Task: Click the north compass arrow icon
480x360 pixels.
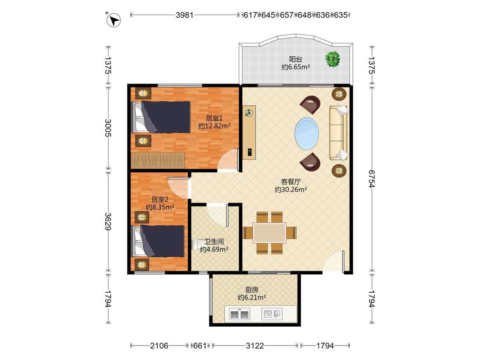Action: (x=113, y=20)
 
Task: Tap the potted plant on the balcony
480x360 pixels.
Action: (x=332, y=59)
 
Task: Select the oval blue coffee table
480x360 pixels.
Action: (x=307, y=134)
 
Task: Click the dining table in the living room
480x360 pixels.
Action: (x=270, y=233)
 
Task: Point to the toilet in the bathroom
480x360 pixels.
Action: (x=195, y=244)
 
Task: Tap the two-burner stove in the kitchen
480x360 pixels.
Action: (x=240, y=314)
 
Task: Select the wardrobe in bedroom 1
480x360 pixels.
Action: (x=158, y=160)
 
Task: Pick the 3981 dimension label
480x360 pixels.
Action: (x=184, y=15)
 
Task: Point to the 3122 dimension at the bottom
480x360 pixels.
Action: (x=255, y=345)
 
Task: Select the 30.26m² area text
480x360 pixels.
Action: (x=291, y=189)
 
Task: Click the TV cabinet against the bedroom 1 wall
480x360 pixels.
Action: (x=249, y=133)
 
